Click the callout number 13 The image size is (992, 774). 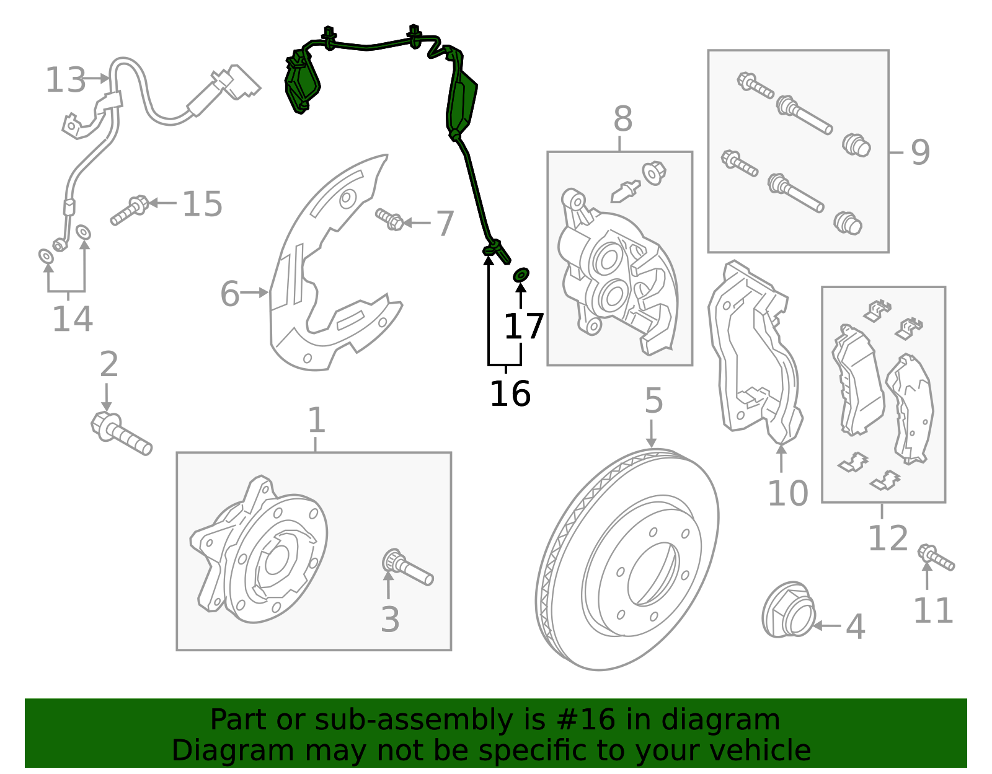coord(66,81)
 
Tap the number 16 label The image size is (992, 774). coord(510,394)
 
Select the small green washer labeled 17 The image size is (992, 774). coord(521,274)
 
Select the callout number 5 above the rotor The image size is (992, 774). coord(653,401)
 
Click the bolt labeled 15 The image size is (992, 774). coord(130,210)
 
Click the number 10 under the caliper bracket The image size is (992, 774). coord(787,494)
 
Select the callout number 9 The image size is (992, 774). coord(920,152)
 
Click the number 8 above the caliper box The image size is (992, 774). coord(622,119)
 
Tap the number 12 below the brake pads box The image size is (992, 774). coord(887,538)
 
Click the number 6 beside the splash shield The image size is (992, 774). coord(229,294)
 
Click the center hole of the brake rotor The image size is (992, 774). coord(652,573)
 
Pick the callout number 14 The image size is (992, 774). coord(72,319)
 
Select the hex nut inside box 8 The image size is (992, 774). coord(654,172)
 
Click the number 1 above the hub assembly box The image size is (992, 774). coord(316,421)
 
